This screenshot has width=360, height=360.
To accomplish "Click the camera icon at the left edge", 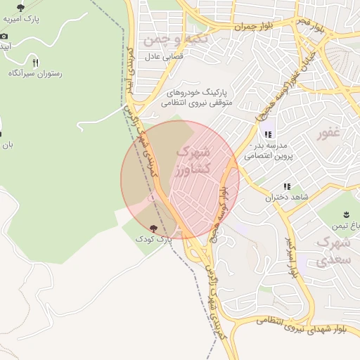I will [4, 35].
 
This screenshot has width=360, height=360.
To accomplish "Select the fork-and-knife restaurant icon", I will [35, 62].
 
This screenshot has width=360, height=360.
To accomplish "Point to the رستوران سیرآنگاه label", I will [35, 73].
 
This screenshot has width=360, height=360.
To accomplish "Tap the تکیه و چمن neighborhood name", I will [175, 40].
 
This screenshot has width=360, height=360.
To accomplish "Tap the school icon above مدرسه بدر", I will [267, 135].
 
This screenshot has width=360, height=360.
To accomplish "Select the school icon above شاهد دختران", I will [286, 186].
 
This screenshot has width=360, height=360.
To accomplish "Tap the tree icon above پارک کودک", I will [153, 228].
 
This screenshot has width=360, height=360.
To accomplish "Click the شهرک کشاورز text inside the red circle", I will [190, 161].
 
